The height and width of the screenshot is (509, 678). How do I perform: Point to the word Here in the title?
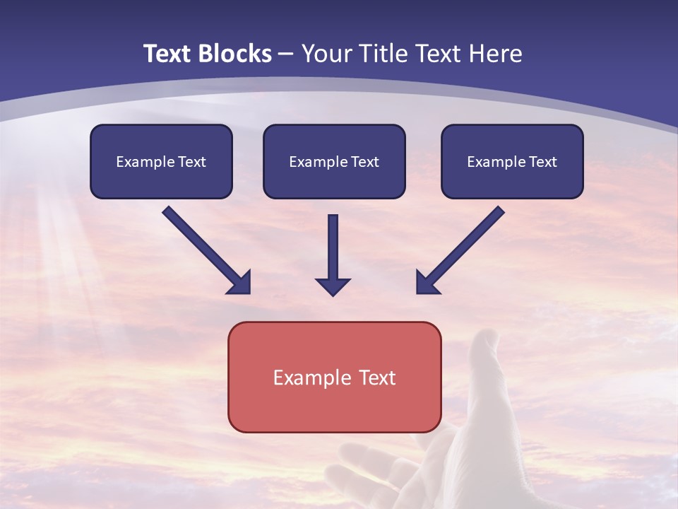494,54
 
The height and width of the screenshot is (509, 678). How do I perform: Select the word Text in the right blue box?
542,162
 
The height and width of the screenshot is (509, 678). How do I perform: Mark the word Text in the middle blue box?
364,162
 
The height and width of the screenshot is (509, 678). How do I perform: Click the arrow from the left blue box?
205,249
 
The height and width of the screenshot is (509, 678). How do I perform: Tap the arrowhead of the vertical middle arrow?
333,287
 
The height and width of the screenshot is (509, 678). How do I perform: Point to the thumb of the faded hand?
486,361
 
